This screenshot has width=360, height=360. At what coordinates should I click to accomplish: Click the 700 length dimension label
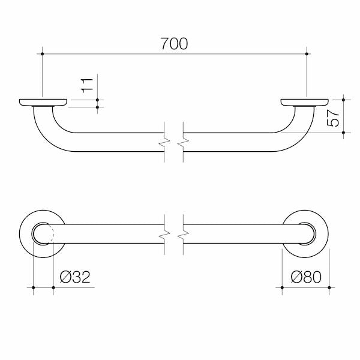(174, 44)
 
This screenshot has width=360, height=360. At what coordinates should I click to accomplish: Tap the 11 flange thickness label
(87, 85)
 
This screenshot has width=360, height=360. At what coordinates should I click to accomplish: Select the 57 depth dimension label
(332, 118)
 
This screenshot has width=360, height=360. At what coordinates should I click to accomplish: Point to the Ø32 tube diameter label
(75, 277)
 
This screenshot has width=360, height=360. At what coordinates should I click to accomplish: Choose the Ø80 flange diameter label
(306, 277)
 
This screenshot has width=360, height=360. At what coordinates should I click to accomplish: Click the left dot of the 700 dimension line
(42, 54)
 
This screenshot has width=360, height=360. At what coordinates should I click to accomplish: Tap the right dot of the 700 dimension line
(307, 54)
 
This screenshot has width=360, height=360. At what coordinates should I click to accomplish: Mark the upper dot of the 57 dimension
(343, 100)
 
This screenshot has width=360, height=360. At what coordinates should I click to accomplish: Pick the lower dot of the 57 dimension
(343, 133)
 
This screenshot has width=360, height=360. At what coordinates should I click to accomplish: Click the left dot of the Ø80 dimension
(282, 287)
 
